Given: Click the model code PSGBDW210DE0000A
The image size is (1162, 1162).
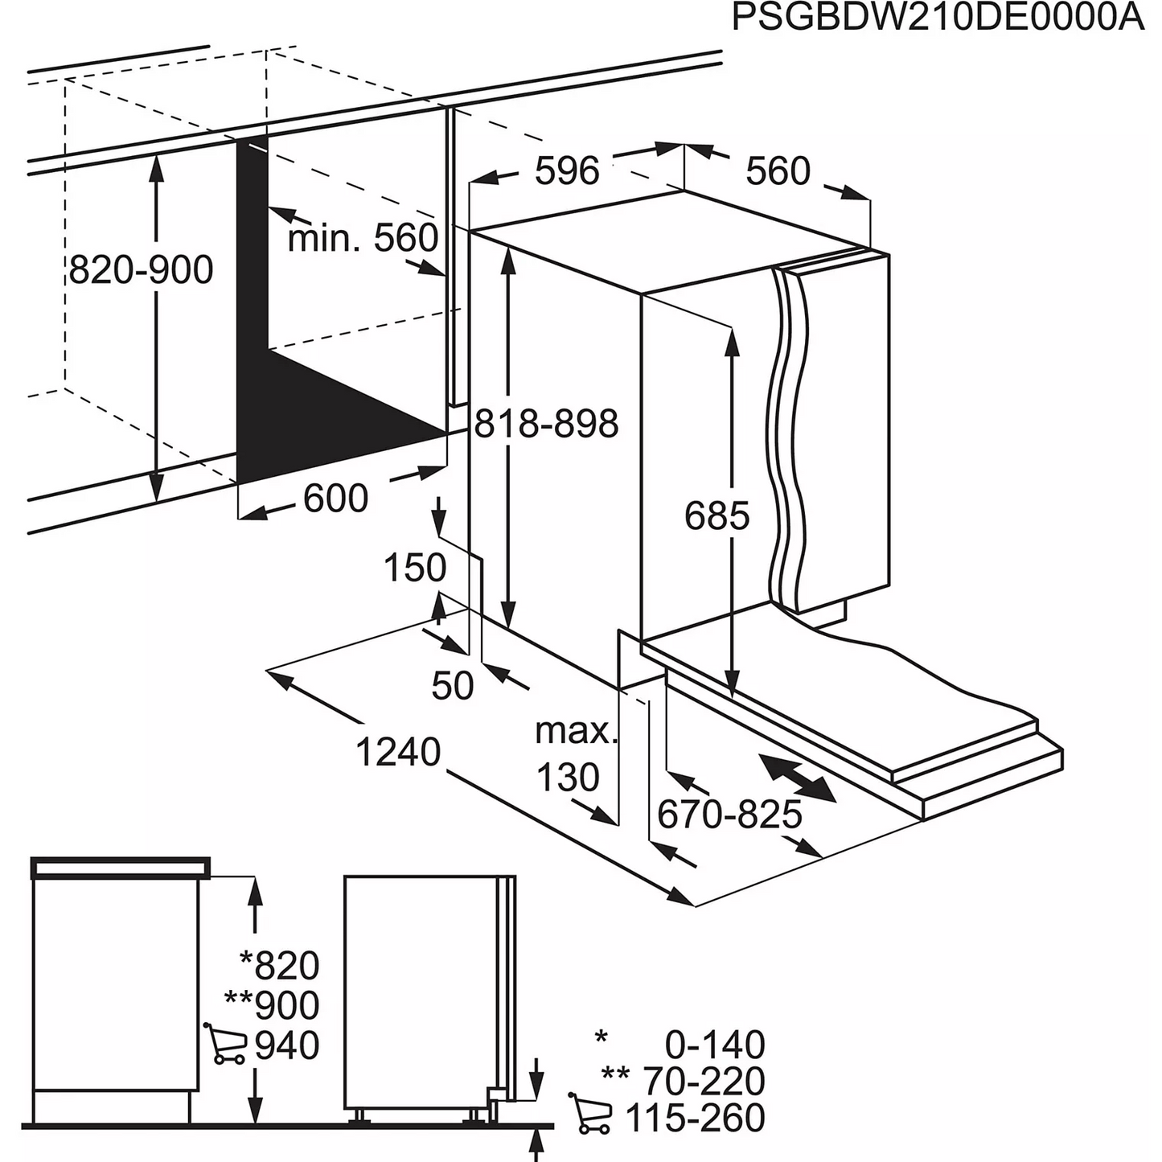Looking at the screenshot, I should coord(938,18).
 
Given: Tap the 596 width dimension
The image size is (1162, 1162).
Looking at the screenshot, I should coord(567,170).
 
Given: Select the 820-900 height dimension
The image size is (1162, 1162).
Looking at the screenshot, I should coord(142,270).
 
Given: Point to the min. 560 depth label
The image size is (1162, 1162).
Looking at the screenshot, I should coord(363,237).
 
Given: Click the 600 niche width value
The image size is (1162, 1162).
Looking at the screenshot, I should coord(335,499).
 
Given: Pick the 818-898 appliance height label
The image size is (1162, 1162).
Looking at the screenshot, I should coord(547,424).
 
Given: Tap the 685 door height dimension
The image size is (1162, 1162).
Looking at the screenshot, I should coord(716,515).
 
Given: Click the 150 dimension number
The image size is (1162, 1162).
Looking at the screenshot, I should coord(414,568).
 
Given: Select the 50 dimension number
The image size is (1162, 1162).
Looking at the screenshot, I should coord(453,685).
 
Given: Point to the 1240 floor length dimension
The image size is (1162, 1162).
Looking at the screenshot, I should coord(398,752).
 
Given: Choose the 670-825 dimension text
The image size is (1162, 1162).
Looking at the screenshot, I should coord(729,815).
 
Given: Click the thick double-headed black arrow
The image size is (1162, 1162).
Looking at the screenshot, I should coord(798,777).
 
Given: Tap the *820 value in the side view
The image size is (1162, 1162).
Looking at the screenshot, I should coord(280,965).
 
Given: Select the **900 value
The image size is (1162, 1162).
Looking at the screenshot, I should coord(272,1005).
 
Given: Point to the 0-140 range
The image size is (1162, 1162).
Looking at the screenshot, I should coord(714,1045).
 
